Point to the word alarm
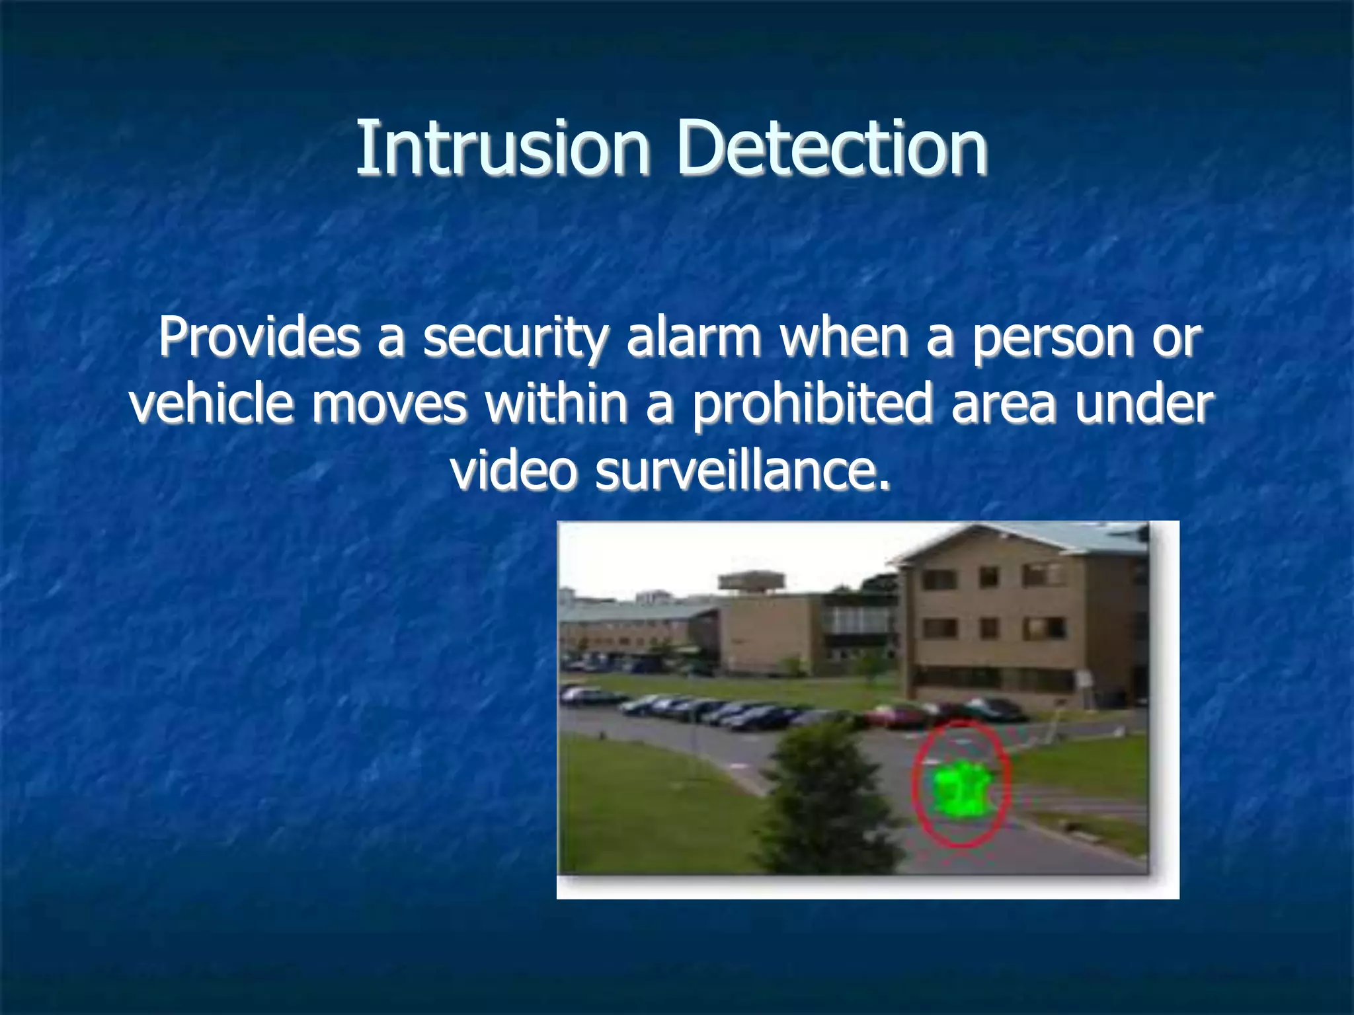[694, 337]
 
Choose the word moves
[389, 404]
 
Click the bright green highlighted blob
[959, 790]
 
